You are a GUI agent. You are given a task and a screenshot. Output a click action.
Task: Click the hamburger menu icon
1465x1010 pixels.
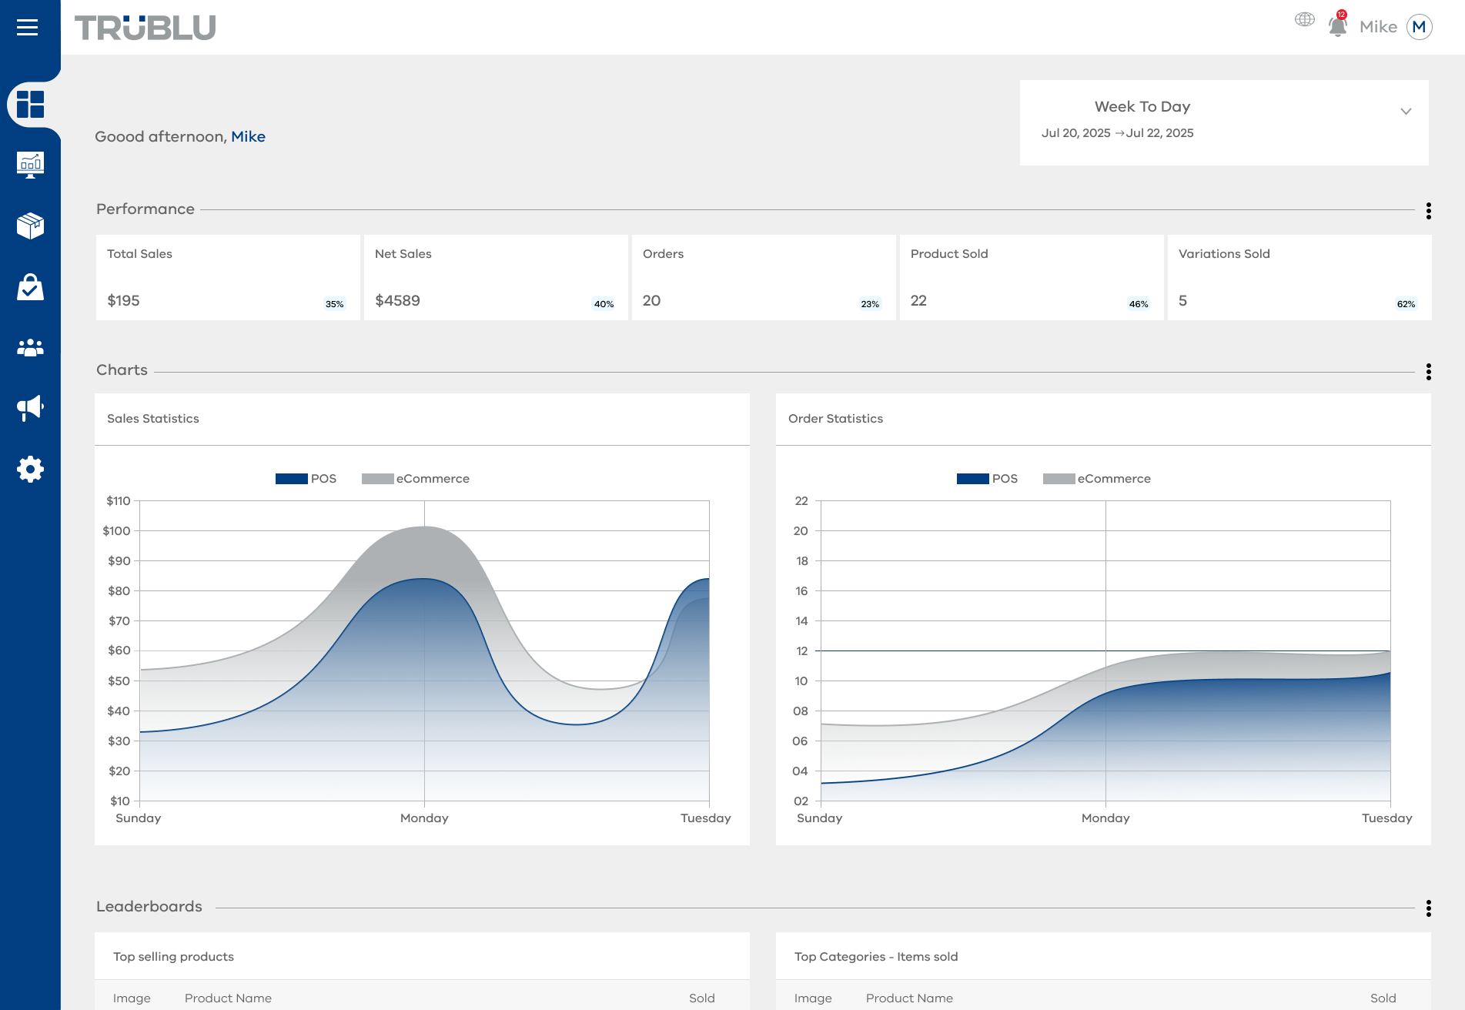click(x=27, y=28)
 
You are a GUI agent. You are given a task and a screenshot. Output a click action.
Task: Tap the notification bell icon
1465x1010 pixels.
click(x=1338, y=26)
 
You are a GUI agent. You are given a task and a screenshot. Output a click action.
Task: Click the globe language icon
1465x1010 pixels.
click(x=1304, y=19)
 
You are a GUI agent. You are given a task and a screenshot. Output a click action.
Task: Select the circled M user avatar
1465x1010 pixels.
click(x=1419, y=27)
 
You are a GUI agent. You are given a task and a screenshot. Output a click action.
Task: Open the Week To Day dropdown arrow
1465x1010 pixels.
click(x=1406, y=112)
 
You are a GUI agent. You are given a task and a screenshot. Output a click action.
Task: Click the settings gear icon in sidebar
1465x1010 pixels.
click(x=30, y=469)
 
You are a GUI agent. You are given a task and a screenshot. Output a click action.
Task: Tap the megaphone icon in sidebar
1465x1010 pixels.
click(x=30, y=408)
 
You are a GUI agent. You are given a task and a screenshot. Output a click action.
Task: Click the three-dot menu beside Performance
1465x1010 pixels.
click(x=1428, y=211)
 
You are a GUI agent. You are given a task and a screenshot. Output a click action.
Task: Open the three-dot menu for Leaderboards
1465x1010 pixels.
click(x=1428, y=908)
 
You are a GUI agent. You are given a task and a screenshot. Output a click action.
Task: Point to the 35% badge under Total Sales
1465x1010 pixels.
click(x=334, y=304)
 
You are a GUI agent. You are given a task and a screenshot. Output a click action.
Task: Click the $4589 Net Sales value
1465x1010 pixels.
click(x=397, y=301)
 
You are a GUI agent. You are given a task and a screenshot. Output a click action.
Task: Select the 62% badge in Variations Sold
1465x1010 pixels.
click(x=1406, y=304)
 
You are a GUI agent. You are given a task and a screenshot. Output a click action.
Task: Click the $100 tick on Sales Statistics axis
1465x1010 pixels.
click(x=117, y=531)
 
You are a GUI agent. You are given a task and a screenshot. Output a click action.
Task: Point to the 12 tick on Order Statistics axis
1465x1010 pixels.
click(x=801, y=651)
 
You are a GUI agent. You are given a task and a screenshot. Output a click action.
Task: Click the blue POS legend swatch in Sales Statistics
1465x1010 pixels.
click(x=292, y=479)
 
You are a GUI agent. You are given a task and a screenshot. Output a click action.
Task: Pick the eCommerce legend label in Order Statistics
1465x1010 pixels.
click(x=1114, y=479)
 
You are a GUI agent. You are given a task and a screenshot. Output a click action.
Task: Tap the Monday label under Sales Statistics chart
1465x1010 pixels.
click(x=424, y=818)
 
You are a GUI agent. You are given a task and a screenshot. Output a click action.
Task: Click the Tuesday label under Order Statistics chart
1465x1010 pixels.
click(x=1386, y=818)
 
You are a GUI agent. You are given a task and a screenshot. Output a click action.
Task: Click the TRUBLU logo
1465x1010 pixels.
click(x=145, y=28)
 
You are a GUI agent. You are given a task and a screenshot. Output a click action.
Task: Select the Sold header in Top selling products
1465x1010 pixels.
click(x=702, y=998)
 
